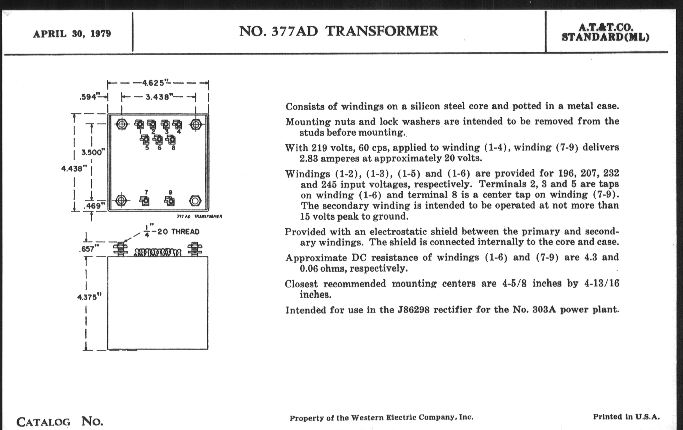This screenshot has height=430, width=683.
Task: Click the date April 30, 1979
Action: click(x=72, y=34)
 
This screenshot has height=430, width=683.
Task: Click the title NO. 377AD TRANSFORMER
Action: click(x=338, y=31)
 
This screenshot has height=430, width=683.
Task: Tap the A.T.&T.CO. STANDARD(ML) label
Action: click(x=605, y=32)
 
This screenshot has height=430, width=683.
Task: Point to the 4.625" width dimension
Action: click(x=153, y=83)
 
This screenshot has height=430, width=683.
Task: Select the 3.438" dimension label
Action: click(x=158, y=97)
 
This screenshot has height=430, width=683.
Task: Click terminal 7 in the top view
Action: click(x=145, y=201)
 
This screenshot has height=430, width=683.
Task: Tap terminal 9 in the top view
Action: click(x=170, y=201)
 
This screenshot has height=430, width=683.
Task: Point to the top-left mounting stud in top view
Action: click(x=122, y=124)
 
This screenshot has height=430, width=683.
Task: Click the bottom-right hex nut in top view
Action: click(x=195, y=201)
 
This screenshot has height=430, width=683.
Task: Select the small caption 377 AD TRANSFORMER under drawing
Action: click(x=199, y=217)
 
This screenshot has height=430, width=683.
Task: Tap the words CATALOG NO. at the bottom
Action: click(x=60, y=422)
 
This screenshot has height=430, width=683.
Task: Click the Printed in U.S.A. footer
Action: click(x=626, y=417)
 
